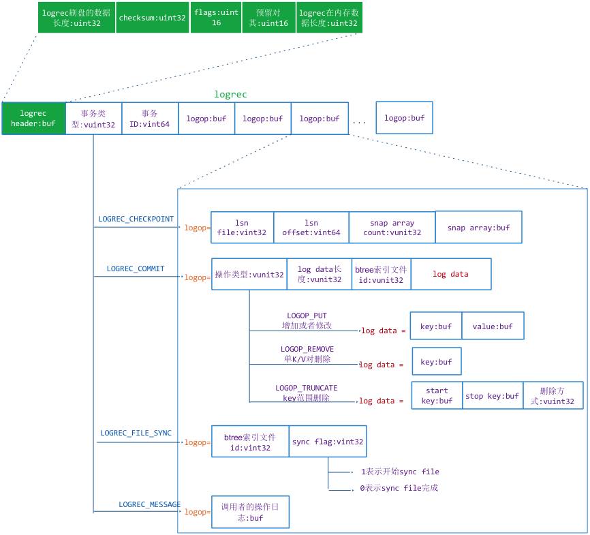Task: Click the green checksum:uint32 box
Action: (x=152, y=18)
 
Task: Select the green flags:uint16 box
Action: (x=215, y=18)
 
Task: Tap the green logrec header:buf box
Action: (x=33, y=119)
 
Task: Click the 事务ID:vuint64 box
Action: (x=149, y=119)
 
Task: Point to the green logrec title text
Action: (x=230, y=94)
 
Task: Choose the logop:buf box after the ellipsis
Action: (x=404, y=118)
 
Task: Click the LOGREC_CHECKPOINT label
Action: (x=136, y=219)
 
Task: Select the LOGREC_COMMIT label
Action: (x=136, y=269)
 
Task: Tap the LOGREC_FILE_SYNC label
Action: (x=136, y=433)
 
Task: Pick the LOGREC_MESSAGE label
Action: (x=149, y=504)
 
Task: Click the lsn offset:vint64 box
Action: (x=311, y=228)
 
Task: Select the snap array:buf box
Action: (x=478, y=228)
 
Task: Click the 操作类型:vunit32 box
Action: (x=249, y=275)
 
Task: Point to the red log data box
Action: (x=450, y=274)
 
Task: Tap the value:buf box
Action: (x=493, y=326)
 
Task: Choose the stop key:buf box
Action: (x=492, y=396)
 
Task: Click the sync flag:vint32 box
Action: (x=328, y=442)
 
